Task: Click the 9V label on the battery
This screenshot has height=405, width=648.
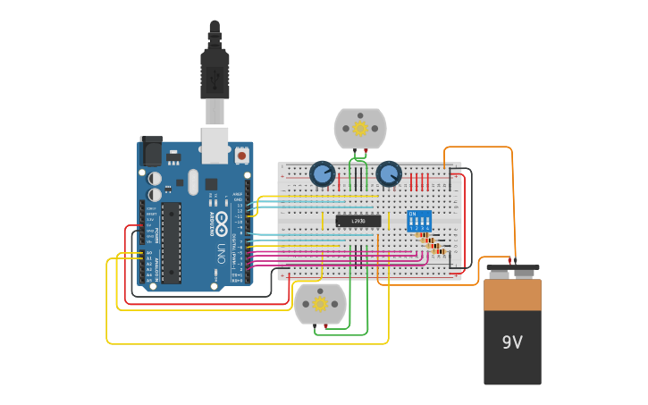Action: pyautogui.click(x=512, y=342)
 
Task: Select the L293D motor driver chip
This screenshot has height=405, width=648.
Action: pyautogui.click(x=358, y=221)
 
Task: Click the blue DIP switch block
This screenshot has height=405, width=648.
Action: pyautogui.click(x=418, y=221)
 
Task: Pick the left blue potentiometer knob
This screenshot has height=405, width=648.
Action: pyautogui.click(x=322, y=173)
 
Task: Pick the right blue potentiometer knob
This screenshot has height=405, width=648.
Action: pyautogui.click(x=388, y=173)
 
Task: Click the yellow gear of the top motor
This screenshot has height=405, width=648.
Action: pyautogui.click(x=360, y=128)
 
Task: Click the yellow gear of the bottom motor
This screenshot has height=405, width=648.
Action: pyautogui.click(x=320, y=304)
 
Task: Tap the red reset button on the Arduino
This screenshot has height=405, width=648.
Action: pyautogui.click(x=241, y=155)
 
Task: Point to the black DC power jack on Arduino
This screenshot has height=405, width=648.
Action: pyautogui.click(x=151, y=149)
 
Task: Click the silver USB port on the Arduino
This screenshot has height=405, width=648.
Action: pyautogui.click(x=215, y=145)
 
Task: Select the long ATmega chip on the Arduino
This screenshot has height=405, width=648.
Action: pyautogui.click(x=171, y=241)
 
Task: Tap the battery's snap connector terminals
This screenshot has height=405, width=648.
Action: pyautogui.click(x=512, y=267)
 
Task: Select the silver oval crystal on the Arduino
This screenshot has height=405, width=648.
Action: pyautogui.click(x=192, y=182)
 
